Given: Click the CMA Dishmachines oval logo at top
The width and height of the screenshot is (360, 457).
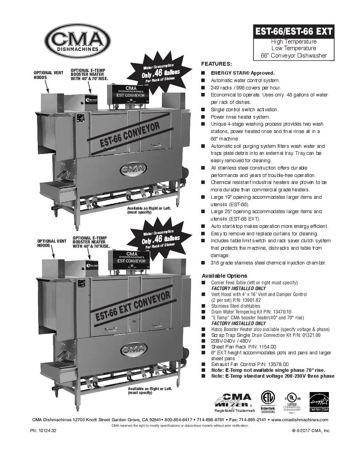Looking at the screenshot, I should pos(77,40).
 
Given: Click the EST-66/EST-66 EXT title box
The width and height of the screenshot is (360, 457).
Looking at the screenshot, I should pos(294,31).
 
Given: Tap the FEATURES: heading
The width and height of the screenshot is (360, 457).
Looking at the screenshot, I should pos(216,64).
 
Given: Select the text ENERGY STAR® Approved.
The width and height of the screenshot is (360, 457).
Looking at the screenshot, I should pos(242,73).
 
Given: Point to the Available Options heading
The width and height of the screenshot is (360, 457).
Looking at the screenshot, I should pos(224,276).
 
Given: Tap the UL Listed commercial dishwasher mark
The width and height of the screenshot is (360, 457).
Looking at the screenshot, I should pos(292,402).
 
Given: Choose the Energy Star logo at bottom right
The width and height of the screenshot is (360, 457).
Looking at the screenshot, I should pos(319,402).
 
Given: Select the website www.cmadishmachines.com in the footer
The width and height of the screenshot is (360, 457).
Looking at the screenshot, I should pos(300,420).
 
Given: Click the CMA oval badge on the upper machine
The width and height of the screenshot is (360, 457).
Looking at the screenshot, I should pos(133,169).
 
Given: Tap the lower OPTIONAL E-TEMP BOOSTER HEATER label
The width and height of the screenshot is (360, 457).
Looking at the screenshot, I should pos(91,242).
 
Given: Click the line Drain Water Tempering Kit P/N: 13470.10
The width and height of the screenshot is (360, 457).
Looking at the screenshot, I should pos(251,312).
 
